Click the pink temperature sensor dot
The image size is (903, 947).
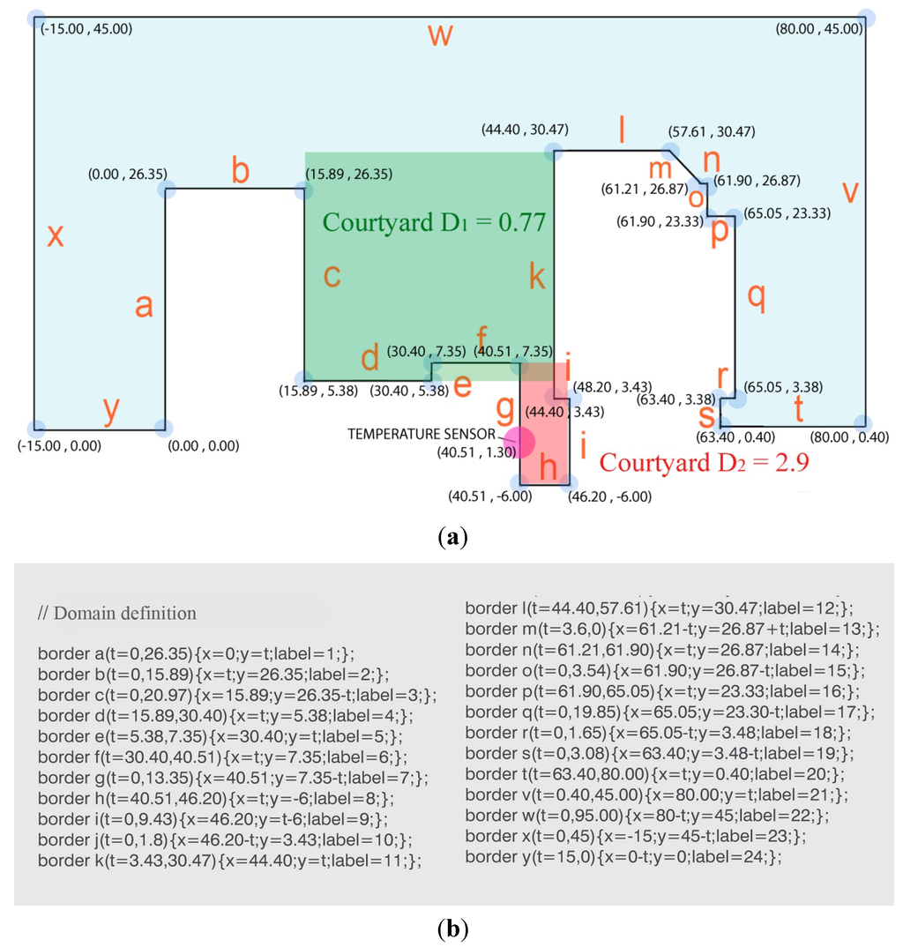click(519, 441)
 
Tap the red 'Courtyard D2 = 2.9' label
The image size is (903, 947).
click(704, 462)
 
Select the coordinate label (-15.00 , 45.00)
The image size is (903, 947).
click(87, 29)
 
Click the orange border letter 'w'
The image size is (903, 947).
click(441, 36)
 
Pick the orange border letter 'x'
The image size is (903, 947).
click(55, 235)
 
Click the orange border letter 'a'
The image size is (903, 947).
click(144, 305)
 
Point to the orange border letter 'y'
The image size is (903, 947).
click(111, 410)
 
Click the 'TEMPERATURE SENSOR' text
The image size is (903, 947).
click(427, 434)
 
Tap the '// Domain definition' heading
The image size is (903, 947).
click(117, 613)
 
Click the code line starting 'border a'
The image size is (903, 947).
click(196, 653)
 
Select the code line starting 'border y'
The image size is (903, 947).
click(623, 856)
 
